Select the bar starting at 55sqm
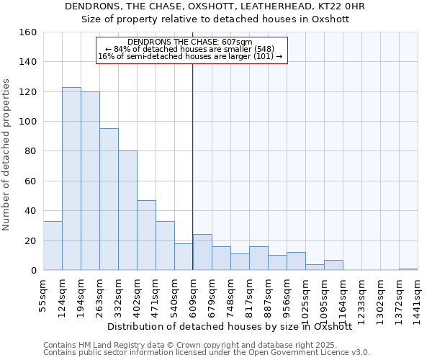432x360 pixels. (53, 246)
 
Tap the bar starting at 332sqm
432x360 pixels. (127, 210)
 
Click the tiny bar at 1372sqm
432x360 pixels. (408, 269)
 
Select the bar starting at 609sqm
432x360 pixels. (202, 252)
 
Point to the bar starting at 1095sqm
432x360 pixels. (333, 265)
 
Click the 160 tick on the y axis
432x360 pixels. (27, 32)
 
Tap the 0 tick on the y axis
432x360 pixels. (33, 271)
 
